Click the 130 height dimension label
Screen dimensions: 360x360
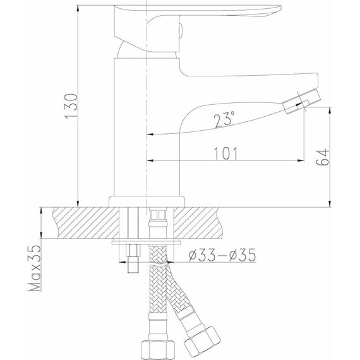71,106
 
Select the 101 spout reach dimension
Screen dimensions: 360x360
225,153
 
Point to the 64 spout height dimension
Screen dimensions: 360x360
322,157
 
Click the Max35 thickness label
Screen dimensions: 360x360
35,268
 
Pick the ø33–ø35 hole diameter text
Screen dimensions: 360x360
222,255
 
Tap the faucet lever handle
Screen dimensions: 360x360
198,28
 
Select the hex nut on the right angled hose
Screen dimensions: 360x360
202,339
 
